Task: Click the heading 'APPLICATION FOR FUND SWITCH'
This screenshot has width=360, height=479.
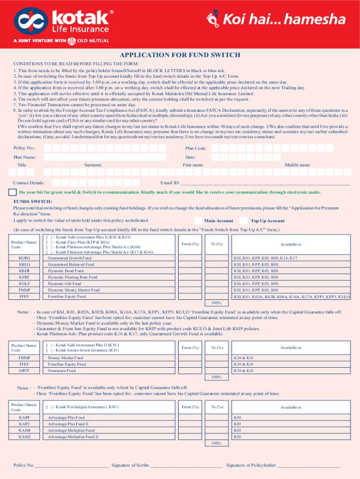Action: (180, 55)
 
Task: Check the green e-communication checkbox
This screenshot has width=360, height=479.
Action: (13, 192)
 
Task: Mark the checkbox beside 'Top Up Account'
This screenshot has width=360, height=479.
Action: (244, 221)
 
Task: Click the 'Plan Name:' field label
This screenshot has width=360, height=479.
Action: (25, 157)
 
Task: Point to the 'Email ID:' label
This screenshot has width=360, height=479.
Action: (170, 183)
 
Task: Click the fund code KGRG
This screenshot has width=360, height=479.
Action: (24, 258)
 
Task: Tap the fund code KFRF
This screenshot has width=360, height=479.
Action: (24, 277)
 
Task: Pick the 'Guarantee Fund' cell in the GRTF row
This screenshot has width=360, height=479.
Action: (61, 370)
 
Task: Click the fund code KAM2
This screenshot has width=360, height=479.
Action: (24, 436)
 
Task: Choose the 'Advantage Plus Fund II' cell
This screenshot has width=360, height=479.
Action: (68, 424)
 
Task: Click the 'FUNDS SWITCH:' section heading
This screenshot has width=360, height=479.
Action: (33, 201)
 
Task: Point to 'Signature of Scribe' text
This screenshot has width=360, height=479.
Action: (131, 465)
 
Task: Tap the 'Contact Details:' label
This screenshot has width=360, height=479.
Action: (29, 183)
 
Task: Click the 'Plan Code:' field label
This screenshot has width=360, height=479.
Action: (196, 148)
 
